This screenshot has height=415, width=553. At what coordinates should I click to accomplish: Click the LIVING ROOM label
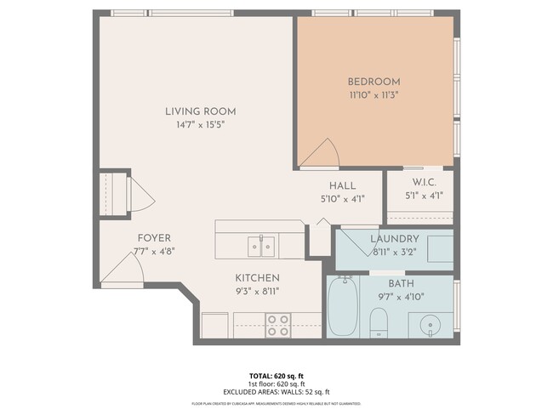200,111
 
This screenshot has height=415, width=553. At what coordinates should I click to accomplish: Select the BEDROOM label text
373,82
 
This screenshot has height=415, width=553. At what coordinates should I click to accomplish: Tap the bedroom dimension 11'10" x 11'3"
373,95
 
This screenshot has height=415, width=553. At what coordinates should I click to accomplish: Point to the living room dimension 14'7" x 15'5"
200,125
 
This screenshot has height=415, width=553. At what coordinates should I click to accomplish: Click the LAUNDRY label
396,239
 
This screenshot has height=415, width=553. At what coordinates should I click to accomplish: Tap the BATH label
401,283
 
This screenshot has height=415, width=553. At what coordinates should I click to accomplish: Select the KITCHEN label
257,277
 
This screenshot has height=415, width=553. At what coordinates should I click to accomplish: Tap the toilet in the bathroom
380,323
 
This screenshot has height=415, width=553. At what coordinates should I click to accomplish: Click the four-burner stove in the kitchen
277,325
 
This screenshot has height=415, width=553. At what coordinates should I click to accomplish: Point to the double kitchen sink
261,247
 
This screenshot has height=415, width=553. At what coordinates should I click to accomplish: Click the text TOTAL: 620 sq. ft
276,375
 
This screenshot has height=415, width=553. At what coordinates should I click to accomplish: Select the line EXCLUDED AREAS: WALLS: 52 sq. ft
276,392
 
